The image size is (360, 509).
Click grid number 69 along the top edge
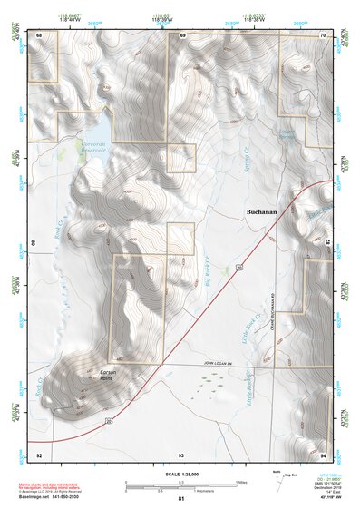(x=182, y=34)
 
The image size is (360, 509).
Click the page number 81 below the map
(x=181, y=499)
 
